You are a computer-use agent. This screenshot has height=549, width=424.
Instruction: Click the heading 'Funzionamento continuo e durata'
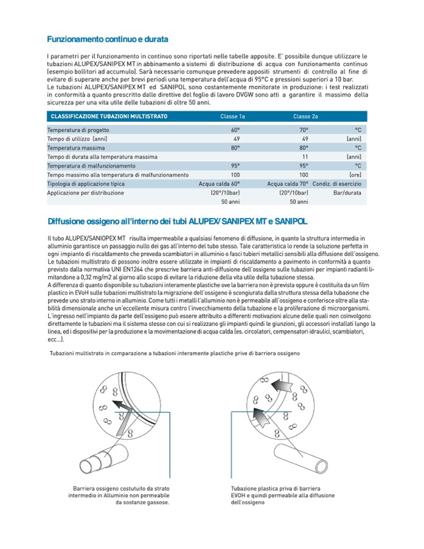pyautogui.click(x=107, y=40)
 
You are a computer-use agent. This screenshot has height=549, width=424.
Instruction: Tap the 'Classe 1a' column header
pyautogui.click(x=232, y=116)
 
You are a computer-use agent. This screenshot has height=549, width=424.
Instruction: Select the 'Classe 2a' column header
pyautogui.click(x=305, y=116)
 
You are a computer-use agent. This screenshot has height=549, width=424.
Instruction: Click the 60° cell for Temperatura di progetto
pyautogui.click(x=235, y=130)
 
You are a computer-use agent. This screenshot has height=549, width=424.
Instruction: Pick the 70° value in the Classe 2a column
pyautogui.click(x=304, y=130)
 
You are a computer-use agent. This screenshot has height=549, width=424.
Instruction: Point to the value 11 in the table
pyautogui.click(x=305, y=157)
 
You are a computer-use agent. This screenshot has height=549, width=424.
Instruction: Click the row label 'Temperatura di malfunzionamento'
pyautogui.click(x=91, y=166)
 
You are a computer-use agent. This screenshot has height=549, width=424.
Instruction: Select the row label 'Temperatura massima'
pyautogui.click(x=76, y=148)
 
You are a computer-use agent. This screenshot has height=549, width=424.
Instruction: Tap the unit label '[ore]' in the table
pyautogui.click(x=355, y=175)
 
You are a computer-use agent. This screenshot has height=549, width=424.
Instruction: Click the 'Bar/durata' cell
pyautogui.click(x=347, y=193)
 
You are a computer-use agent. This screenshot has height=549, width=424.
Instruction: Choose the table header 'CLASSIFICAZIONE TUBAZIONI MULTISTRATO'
pyautogui.click(x=109, y=116)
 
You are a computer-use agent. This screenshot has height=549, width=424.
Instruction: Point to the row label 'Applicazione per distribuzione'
pyautogui.click(x=86, y=193)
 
